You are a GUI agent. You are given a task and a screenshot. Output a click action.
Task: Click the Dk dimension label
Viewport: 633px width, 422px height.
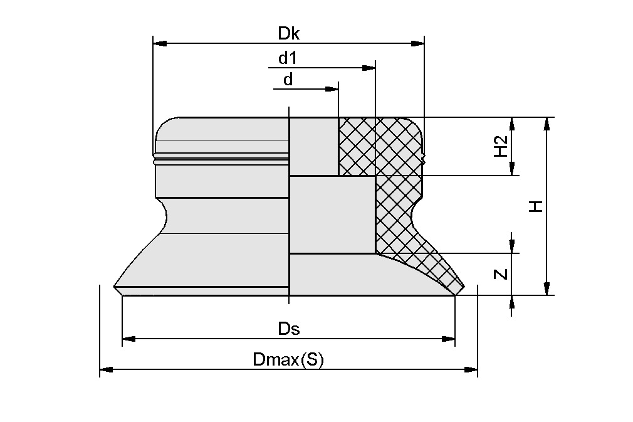288,34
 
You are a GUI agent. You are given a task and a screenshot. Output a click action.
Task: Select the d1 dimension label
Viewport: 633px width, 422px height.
288,58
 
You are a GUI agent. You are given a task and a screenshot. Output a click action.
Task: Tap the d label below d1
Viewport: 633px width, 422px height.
288,80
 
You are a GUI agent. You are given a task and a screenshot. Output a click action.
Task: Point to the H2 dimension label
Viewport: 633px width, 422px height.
501,147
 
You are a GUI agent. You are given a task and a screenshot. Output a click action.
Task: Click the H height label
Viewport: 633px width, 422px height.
535,206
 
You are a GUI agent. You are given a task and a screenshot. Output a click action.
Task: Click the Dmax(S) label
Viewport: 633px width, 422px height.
288,360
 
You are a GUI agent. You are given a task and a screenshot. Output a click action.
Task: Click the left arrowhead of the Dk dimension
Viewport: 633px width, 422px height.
160,44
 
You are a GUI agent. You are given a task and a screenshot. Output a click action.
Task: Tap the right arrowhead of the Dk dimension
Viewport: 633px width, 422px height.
417,44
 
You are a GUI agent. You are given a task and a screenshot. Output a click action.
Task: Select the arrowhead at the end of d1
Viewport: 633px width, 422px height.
368,67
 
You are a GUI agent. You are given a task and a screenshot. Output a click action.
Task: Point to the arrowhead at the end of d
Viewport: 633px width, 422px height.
332,89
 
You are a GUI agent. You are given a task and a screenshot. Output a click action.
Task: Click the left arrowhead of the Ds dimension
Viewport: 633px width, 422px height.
129,339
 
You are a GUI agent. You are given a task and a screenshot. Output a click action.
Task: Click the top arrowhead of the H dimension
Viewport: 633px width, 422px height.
547,124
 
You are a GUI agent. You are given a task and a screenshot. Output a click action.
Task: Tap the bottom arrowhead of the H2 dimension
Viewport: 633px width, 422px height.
512,168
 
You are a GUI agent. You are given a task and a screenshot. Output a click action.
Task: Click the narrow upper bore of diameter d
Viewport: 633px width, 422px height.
313,146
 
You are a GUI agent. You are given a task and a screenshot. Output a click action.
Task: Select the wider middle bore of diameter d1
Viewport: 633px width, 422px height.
332,214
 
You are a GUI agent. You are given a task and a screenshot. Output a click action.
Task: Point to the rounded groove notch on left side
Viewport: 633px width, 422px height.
164,214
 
